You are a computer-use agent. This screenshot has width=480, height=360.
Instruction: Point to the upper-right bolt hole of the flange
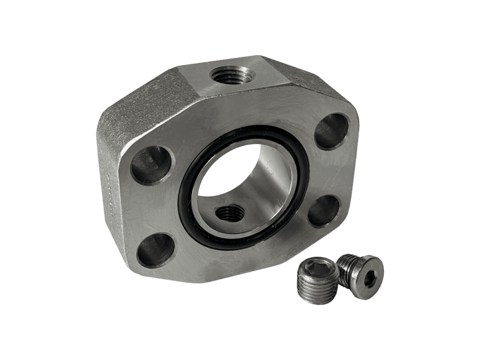pyautogui.click(x=332, y=131)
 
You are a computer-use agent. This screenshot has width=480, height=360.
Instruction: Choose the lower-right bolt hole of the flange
pyautogui.click(x=324, y=211)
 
